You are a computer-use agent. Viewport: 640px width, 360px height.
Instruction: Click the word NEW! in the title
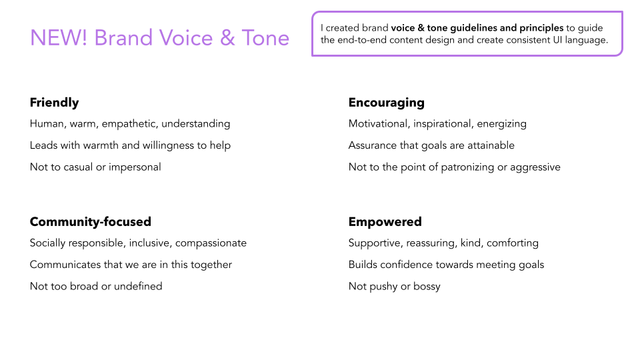click(x=59, y=38)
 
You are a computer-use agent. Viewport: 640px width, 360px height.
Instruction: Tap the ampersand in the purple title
click(x=227, y=38)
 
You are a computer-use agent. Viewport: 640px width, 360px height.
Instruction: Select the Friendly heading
click(x=54, y=103)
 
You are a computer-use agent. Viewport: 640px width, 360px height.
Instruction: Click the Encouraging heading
click(x=387, y=103)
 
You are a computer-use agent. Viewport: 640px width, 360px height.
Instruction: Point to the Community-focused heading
click(x=91, y=221)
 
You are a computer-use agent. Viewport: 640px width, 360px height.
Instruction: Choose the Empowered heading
click(x=385, y=221)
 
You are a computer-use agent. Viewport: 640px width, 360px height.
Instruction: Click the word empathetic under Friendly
click(x=130, y=124)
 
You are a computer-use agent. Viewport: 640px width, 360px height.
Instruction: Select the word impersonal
click(x=135, y=167)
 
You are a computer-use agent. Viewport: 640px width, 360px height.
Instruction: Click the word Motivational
click(x=379, y=124)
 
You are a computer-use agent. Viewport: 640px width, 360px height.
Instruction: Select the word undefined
click(x=138, y=286)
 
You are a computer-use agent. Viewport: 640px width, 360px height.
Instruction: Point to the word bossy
click(x=427, y=287)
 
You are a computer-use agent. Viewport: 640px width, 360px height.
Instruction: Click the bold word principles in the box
click(x=541, y=28)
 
